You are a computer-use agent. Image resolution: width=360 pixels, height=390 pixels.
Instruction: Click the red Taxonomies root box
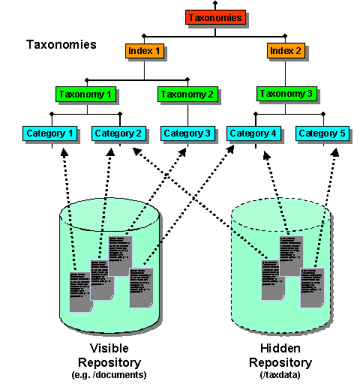point(215,17)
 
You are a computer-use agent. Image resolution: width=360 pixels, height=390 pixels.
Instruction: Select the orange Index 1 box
point(144,51)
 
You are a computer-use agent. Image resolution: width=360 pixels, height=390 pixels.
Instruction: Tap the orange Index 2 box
point(286,51)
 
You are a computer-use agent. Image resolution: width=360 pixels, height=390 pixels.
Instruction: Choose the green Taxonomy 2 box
point(187,94)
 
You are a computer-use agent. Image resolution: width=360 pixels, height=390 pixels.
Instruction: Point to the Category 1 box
point(51,133)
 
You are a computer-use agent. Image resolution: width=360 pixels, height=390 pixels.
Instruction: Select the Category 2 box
point(118,133)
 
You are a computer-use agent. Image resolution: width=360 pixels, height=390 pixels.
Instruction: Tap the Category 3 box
point(187,133)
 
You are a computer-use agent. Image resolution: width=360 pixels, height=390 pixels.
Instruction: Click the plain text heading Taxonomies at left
point(61,44)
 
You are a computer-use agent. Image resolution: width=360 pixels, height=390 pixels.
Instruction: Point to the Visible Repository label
point(109,355)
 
